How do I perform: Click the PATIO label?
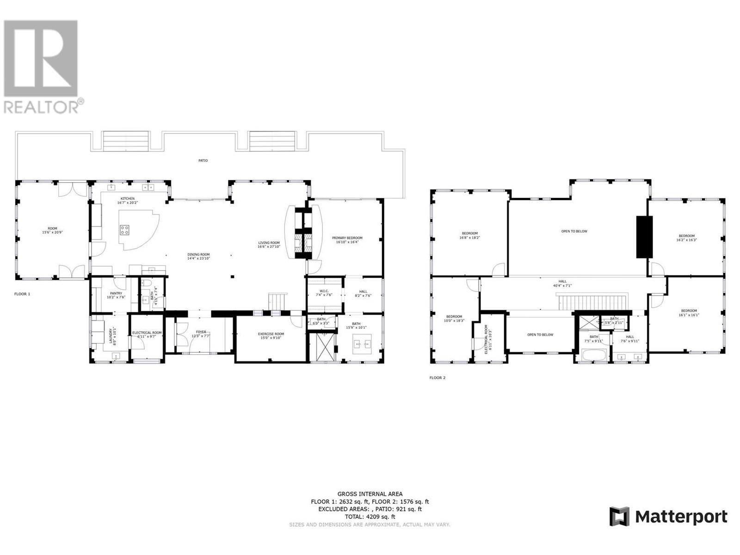pos(203,160)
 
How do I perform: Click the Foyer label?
pos(201,332)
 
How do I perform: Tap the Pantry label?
pos(116,293)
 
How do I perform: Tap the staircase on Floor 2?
pos(593,303)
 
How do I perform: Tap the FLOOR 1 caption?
pos(22,294)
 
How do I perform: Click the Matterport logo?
pos(668,516)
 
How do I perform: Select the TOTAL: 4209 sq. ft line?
pos(370,517)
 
